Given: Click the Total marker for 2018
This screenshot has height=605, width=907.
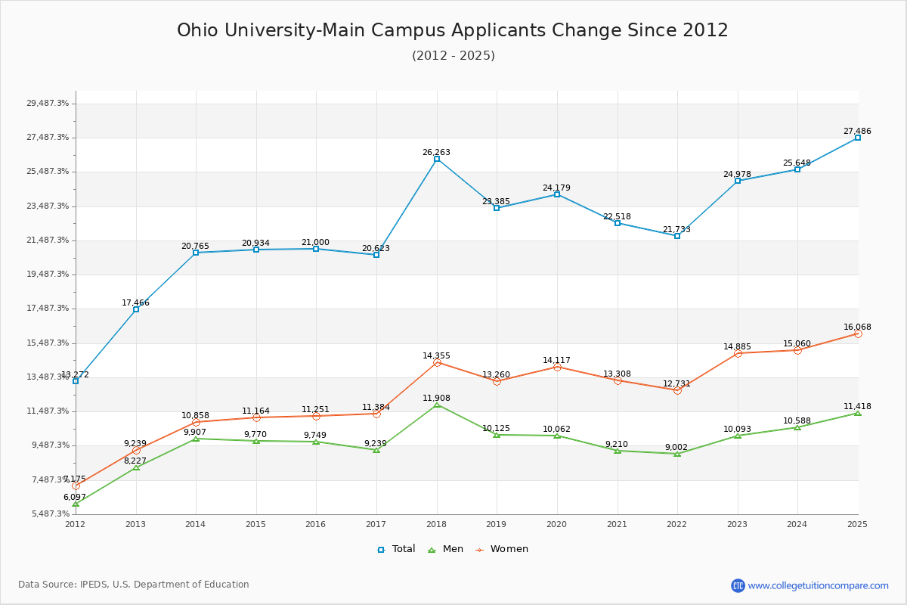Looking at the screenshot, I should coord(437,159).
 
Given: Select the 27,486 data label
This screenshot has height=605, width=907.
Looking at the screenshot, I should coord(857,131).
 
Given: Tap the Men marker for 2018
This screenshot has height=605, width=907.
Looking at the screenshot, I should coord(437,405).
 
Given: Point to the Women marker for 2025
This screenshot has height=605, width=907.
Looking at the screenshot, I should coord(858,334).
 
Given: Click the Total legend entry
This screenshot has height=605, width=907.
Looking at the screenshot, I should coord(396,549).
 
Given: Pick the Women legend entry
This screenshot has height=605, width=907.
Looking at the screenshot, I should coord(501,549).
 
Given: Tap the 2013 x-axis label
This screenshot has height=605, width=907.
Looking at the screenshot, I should coord(136,524).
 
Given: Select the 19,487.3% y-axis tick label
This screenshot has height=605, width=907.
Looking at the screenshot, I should coord(48,274).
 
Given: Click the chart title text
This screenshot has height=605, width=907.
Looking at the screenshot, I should coord(453,30).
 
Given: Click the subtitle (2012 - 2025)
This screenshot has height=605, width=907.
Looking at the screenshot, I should coord(453,55).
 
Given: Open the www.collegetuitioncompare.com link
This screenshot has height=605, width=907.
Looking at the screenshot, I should coord(818,585).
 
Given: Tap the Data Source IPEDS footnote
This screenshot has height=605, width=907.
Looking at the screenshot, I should coord(134,585).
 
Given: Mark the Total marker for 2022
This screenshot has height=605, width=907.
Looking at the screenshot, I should coord(677,236).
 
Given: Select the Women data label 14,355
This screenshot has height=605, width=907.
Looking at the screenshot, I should coord(436,355).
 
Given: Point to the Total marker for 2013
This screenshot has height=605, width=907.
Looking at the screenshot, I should coord(136,309).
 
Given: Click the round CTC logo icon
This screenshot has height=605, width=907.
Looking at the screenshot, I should coord(738,585).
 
